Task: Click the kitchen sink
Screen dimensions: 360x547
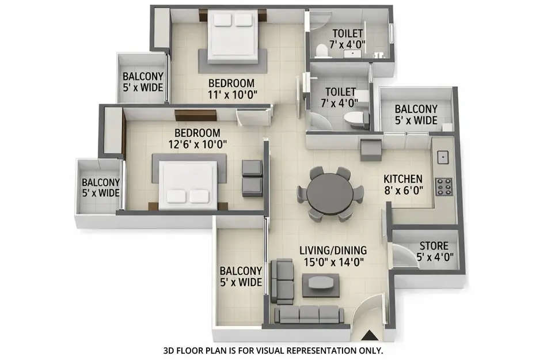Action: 443,156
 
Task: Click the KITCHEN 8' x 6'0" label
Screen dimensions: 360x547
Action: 403,185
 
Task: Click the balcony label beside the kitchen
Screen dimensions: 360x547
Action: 416,115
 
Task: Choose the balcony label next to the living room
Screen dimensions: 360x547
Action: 241,276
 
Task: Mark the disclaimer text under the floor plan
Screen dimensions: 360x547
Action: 273,350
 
